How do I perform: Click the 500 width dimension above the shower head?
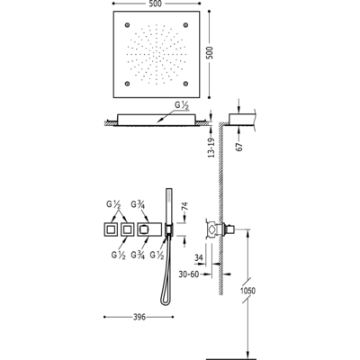pyautogui.click(x=156, y=4)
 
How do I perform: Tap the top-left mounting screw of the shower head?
pyautogui.click(x=127, y=24)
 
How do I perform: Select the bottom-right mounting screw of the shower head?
pyautogui.click(x=185, y=84)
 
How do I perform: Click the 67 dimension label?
pyautogui.click(x=239, y=146)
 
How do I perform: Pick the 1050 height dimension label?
pyautogui.click(x=247, y=291)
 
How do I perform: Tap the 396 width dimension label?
pyautogui.click(x=139, y=317)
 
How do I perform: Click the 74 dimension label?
pyautogui.click(x=185, y=207)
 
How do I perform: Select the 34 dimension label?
pyautogui.click(x=199, y=258)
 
